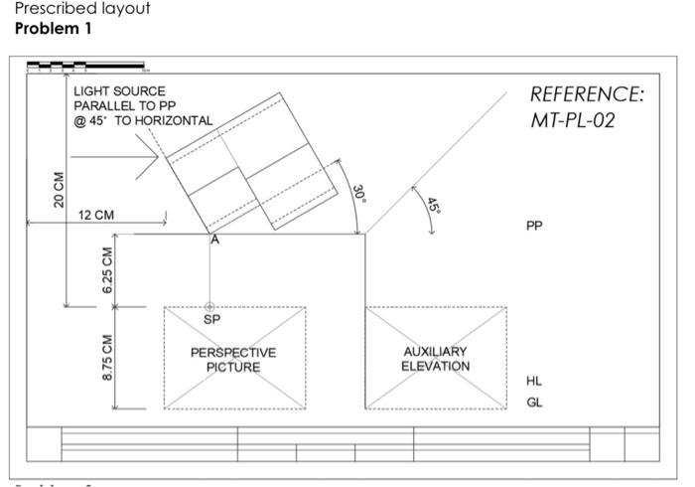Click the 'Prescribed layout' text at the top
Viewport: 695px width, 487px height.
(x=82, y=9)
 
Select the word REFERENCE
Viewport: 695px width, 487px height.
(x=587, y=95)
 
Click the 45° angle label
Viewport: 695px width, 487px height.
(x=433, y=206)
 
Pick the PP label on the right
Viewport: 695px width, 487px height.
(x=534, y=226)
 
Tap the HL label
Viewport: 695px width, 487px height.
(x=534, y=381)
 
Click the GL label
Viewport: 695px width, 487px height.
(x=534, y=403)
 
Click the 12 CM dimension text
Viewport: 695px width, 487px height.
(x=95, y=215)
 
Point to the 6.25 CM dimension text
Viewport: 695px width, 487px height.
(x=107, y=270)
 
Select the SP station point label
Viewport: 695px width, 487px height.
(x=210, y=320)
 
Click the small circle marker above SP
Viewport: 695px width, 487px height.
(x=209, y=308)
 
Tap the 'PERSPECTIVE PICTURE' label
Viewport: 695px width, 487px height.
(x=234, y=360)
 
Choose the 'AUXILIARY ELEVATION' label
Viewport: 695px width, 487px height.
(x=435, y=359)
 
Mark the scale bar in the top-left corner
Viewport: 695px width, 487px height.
(x=87, y=67)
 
